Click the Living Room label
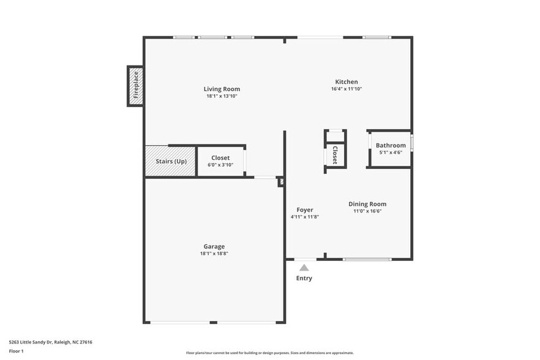point(222,89)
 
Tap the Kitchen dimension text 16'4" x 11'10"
point(346,89)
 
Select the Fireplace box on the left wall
point(136,85)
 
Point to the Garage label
point(214,246)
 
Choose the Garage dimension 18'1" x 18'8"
point(214,253)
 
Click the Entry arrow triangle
point(304,268)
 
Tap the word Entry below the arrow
point(304,278)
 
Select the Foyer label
point(305,210)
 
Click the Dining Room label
point(367,204)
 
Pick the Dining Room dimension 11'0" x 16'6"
point(367,211)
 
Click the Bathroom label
point(391,145)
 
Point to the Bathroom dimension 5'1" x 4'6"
point(391,152)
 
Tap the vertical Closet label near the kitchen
point(335,155)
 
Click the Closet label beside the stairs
point(220,158)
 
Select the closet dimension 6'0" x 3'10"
point(220,165)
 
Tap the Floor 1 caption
point(16,351)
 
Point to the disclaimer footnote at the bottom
point(270,353)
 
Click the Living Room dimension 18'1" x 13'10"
point(222,96)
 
